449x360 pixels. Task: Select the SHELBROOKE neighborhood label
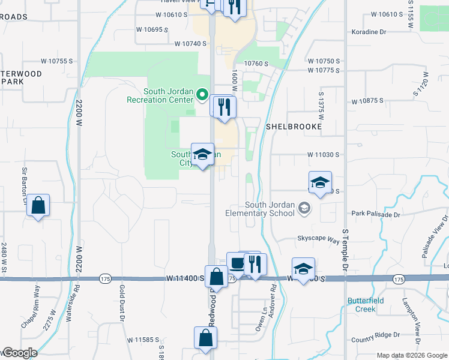tap(294, 127)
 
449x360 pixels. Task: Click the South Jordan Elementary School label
tap(260, 209)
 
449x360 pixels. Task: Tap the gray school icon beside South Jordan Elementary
tap(305, 208)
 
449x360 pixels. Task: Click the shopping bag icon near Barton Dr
tap(38, 206)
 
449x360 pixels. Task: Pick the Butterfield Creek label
tap(361, 305)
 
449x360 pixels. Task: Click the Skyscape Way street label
tap(318, 239)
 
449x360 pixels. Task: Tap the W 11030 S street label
tap(324, 155)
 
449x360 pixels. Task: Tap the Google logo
tap(19, 353)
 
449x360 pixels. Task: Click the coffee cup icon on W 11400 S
tap(237, 263)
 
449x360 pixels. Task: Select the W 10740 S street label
tap(191, 44)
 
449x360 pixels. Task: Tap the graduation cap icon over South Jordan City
tap(202, 154)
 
